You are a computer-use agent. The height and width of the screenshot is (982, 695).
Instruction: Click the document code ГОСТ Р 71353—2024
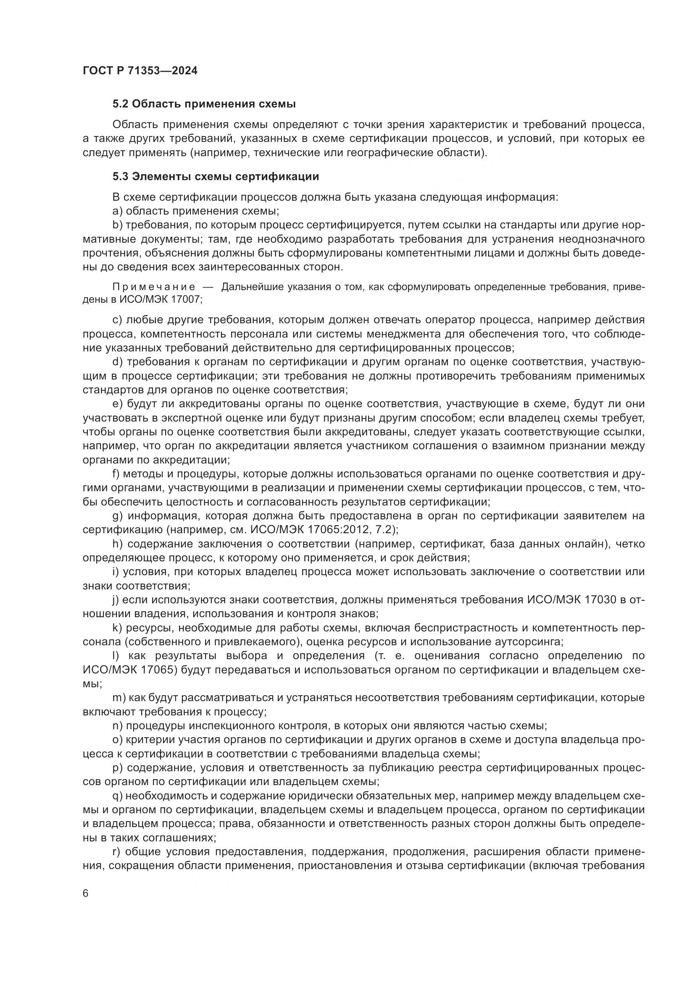[x=140, y=71]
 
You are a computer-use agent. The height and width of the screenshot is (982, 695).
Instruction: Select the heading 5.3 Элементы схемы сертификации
[x=216, y=176]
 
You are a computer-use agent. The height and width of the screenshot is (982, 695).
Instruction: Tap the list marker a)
[x=118, y=211]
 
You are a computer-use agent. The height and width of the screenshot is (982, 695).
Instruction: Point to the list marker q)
[x=118, y=796]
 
